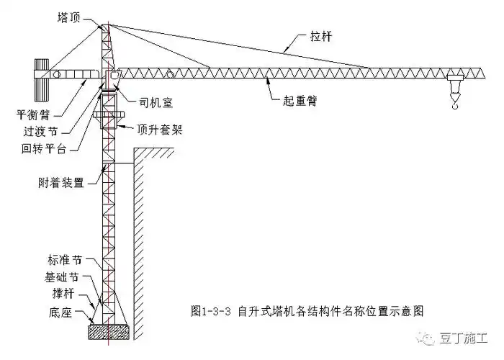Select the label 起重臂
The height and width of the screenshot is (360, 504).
coord(298,102)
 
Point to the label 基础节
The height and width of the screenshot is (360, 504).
coord(60,278)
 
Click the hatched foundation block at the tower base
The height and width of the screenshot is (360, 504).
coord(109,332)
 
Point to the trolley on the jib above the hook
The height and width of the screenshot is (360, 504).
coord(454,76)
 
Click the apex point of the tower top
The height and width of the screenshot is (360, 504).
coord(105,24)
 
